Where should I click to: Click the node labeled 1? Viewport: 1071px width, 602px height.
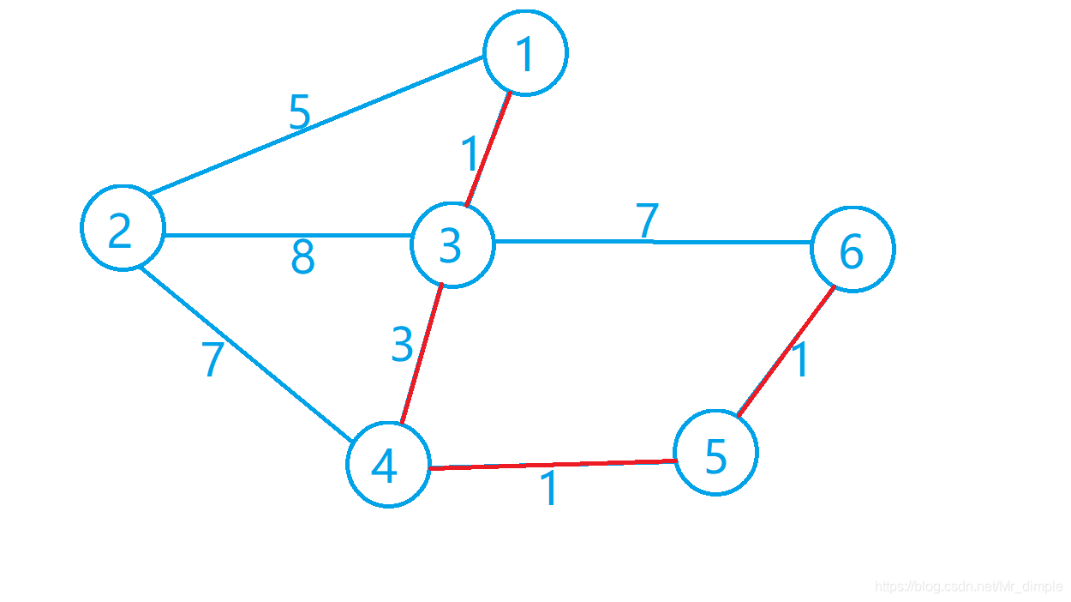[x=526, y=52]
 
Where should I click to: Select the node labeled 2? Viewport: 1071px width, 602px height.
[x=123, y=228]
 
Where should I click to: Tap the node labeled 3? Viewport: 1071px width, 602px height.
[x=452, y=245]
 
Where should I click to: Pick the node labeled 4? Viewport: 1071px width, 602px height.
[x=388, y=464]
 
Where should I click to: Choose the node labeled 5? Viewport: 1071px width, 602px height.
[x=715, y=453]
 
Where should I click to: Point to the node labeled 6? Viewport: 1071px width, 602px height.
[x=853, y=249]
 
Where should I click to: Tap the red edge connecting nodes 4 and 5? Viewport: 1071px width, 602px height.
[x=553, y=465]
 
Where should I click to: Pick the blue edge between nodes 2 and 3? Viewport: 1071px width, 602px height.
[x=287, y=234]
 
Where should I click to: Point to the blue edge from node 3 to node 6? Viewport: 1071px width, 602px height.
[x=651, y=242]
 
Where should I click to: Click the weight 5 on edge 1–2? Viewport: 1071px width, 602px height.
[x=299, y=112]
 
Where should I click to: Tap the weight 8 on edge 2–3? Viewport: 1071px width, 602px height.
[x=302, y=256]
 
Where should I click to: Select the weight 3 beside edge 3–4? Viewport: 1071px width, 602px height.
[x=402, y=345]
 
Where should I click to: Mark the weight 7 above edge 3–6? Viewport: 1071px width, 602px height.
[x=648, y=220]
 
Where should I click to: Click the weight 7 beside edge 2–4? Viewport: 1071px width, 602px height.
[x=212, y=360]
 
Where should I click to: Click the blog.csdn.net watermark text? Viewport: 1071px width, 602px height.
[x=968, y=587]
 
